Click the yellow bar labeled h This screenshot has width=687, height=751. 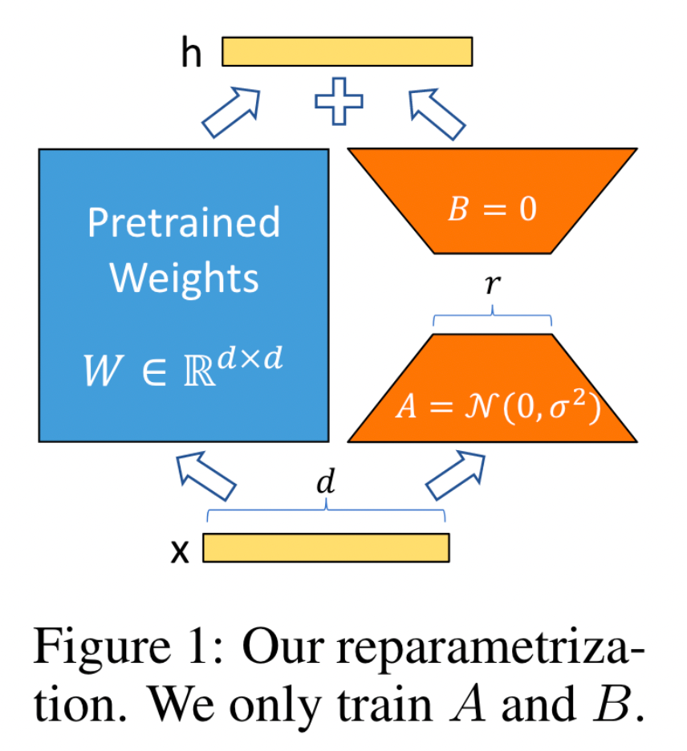coord(347,51)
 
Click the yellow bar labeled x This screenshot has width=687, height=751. coord(326,547)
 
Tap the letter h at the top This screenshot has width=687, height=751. coord(191,52)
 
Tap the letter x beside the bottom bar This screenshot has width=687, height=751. coord(180,551)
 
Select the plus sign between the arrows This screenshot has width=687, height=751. coord(339,101)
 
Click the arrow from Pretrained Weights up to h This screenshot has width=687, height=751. coord(231,112)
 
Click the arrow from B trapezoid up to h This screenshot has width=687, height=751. coord(437,114)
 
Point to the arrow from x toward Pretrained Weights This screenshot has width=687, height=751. coord(206,476)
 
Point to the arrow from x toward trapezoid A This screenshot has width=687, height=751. coord(455,475)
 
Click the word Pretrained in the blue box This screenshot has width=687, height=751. coord(184,222)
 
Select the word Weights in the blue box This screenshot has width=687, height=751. coord(184,278)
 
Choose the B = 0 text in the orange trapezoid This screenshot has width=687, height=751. coord(492,209)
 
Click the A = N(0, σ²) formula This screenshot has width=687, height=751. coord(498,406)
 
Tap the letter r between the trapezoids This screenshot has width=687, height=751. coord(493,284)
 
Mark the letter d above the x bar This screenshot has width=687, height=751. coord(326,481)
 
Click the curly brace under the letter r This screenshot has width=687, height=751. coord(493,315)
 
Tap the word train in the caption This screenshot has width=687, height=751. coord(384,705)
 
